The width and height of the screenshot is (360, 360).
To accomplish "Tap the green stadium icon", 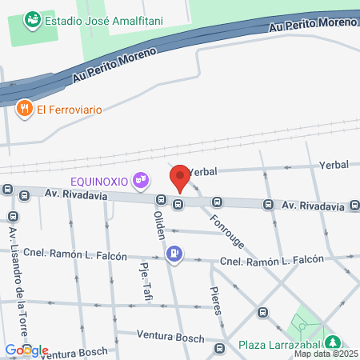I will pos(32,18).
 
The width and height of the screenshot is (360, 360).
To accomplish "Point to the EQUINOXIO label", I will pos(99,181).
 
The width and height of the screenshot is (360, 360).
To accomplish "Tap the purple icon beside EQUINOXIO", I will pos(142,181).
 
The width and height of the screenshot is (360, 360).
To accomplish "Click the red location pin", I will pos(180,178).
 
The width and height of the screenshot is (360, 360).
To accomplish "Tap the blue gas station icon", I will pos(174,255).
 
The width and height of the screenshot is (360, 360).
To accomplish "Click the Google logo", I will pos(26,350).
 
